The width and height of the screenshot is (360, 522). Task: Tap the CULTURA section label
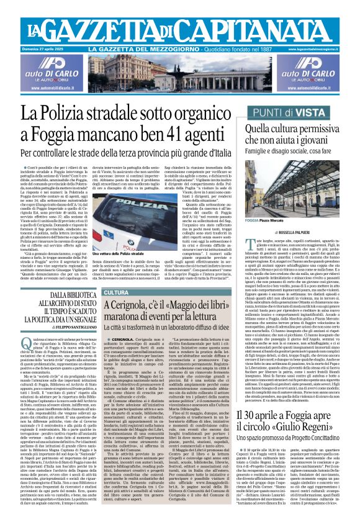(x=116, y=292)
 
